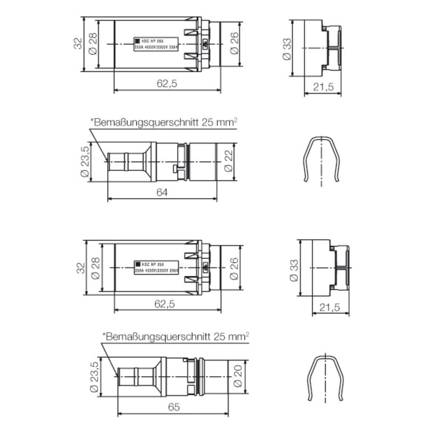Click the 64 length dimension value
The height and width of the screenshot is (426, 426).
tap(162, 192)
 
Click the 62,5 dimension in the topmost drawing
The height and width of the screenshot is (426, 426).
tap(167, 84)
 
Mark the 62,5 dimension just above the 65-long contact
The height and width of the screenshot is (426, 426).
tap(167, 304)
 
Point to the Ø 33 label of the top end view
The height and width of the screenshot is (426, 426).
tap(288, 48)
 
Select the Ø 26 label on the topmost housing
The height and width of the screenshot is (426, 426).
tap(234, 43)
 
